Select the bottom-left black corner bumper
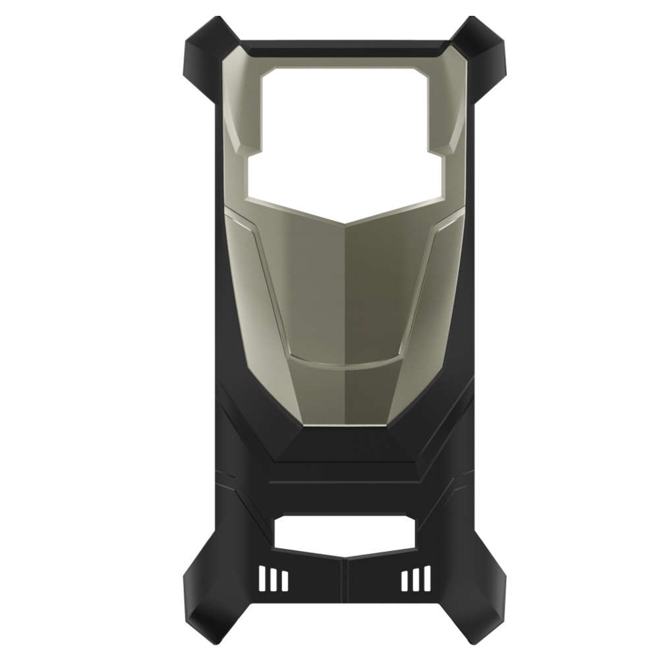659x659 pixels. (x=202, y=616)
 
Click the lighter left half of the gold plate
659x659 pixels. (x=303, y=297)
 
